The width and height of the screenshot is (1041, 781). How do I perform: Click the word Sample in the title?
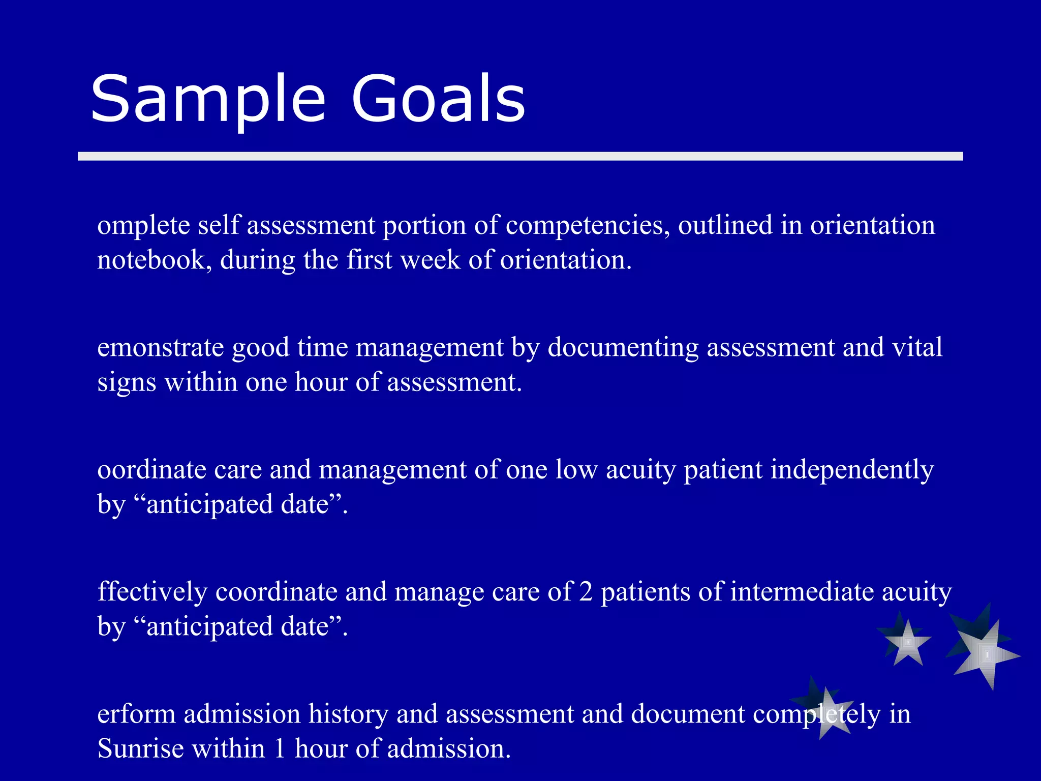[x=207, y=99]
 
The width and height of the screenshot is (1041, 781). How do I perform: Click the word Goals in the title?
[x=438, y=99]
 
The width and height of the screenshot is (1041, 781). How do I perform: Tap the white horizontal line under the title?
[x=520, y=156]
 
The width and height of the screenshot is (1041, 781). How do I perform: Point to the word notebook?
[x=151, y=260]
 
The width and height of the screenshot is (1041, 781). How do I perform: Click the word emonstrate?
[x=160, y=348]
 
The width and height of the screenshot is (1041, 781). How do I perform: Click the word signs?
[x=126, y=382]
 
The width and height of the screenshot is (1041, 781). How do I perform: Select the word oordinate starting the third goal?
[x=151, y=470]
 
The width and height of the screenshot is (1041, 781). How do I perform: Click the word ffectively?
[x=152, y=592]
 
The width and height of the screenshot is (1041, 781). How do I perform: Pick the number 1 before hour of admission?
[x=279, y=749]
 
